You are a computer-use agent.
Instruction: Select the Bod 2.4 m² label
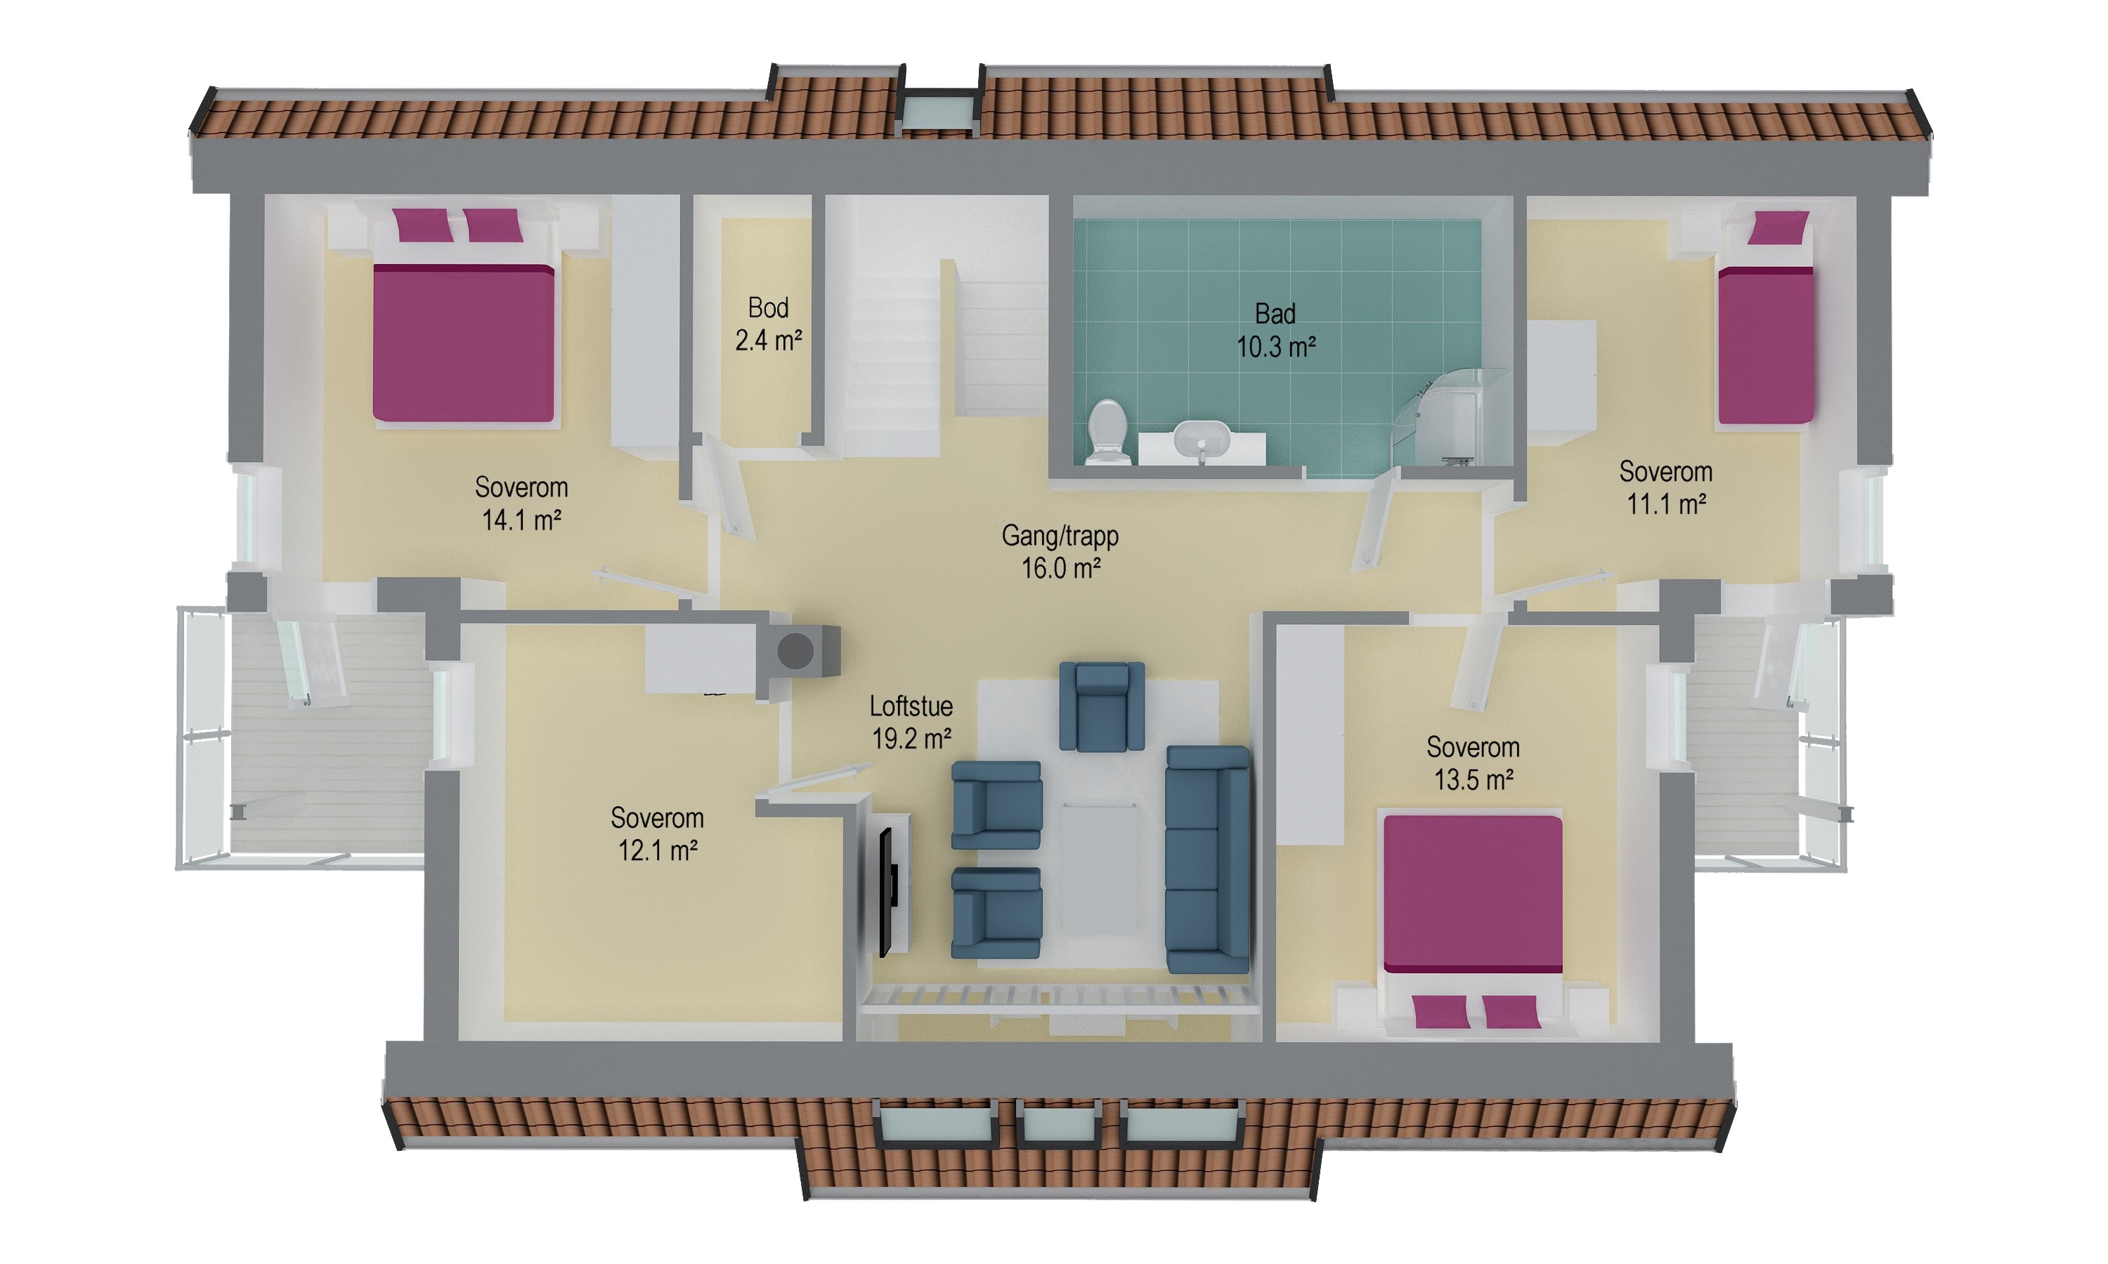click(769, 324)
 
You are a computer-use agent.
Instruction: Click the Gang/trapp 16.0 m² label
click(1061, 552)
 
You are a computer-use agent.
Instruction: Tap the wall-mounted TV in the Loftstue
click(887, 891)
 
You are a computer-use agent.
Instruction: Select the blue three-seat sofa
click(1207, 860)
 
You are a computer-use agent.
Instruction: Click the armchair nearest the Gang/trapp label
click(1102, 707)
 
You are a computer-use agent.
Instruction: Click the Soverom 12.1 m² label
click(657, 834)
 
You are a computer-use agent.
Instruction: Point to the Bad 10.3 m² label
click(1275, 329)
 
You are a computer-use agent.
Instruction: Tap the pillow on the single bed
click(1778, 228)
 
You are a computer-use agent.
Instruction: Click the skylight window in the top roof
click(937, 112)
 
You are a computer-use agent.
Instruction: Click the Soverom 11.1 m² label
click(1666, 487)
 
